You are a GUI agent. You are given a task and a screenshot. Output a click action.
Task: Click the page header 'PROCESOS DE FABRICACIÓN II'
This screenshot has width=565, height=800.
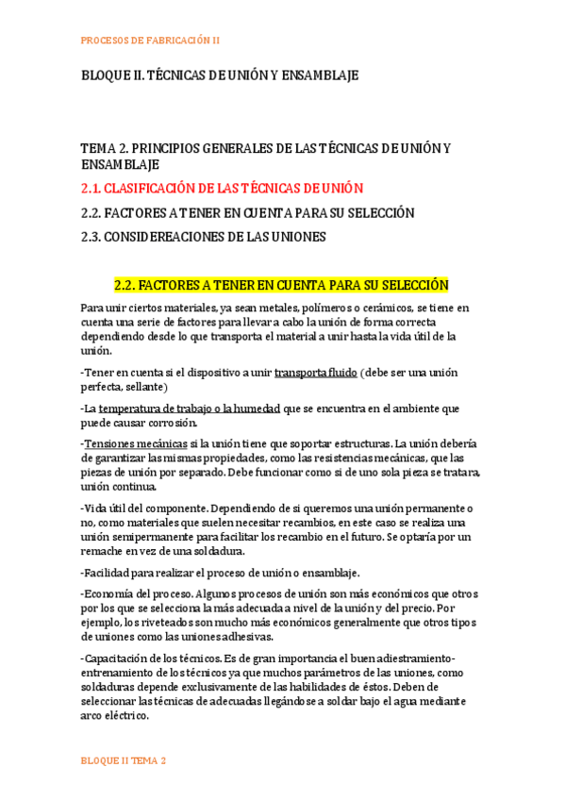[150, 41]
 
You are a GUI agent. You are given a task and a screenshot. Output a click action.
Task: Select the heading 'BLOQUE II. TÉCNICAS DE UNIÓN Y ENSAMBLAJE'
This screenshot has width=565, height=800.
[220, 75]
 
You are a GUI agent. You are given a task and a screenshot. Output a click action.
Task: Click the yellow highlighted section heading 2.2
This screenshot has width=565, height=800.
[281, 285]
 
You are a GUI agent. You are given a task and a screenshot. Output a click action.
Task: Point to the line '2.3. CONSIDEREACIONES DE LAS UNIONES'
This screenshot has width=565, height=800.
[204, 237]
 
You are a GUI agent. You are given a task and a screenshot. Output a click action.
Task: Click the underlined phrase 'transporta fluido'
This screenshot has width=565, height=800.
[315, 373]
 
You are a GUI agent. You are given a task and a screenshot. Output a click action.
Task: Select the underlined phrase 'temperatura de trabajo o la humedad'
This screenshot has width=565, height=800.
[190, 408]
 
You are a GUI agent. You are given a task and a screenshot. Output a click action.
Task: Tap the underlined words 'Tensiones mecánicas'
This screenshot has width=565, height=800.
[135, 443]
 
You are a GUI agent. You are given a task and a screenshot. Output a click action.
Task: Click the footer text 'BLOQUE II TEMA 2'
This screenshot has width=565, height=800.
[124, 760]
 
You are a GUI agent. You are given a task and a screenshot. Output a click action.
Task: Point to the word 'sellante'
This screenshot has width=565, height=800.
[141, 387]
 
